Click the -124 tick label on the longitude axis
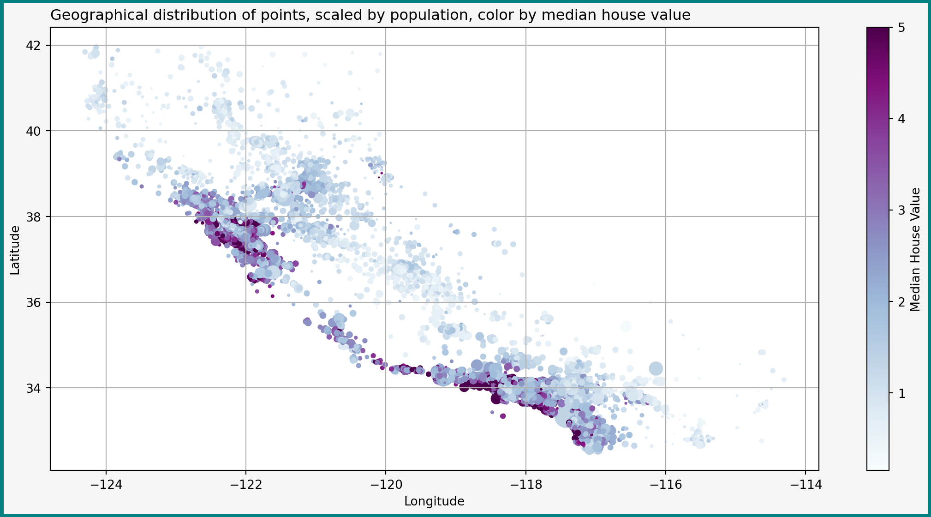106,485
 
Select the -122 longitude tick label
245,485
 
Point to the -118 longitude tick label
525,485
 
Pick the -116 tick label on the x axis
665,485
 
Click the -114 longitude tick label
805,485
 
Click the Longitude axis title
434,502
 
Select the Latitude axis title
15,250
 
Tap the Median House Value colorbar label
916,250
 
